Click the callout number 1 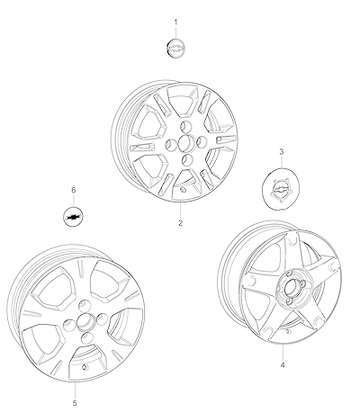coord(175,22)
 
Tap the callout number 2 coord(180,223)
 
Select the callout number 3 coord(282,152)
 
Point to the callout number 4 coord(283,365)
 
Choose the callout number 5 coord(75,403)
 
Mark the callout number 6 coord(74,190)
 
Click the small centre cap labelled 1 coord(175,48)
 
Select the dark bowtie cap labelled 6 coord(74,217)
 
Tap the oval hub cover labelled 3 coord(281,189)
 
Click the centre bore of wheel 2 coord(186,143)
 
